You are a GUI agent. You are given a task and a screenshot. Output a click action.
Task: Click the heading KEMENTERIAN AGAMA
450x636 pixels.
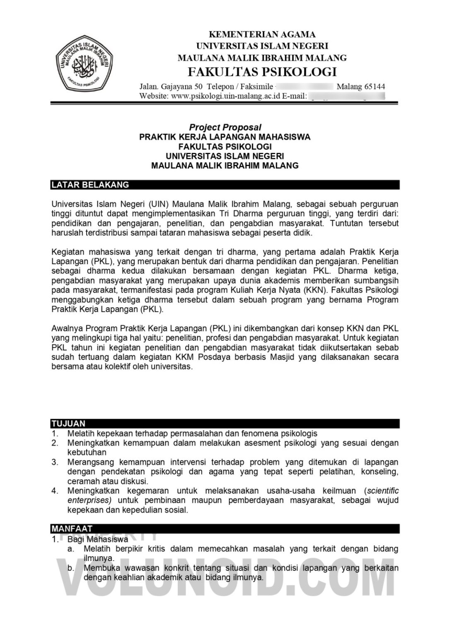pyautogui.click(x=262, y=34)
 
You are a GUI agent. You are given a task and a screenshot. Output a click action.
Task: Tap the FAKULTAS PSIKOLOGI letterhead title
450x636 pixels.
pyautogui.click(x=262, y=72)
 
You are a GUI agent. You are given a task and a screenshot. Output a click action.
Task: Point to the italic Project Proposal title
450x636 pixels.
pyautogui.click(x=225, y=127)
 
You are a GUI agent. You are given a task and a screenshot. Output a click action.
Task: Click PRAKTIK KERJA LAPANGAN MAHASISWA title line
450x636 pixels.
pyautogui.click(x=225, y=137)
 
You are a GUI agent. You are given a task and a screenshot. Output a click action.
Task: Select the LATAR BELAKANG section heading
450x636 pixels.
pyautogui.click(x=90, y=185)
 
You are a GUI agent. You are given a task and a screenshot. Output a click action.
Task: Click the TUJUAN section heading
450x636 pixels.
pyautogui.click(x=68, y=423)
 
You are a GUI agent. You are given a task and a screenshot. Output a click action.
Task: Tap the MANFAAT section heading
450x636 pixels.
pyautogui.click(x=72, y=528)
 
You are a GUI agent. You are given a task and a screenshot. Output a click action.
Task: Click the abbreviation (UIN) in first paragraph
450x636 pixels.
pyautogui.click(x=157, y=204)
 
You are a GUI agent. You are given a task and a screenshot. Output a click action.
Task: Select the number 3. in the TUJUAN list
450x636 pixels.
pyautogui.click(x=55, y=462)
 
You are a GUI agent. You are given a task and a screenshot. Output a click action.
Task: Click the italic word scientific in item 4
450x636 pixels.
pyautogui.click(x=383, y=491)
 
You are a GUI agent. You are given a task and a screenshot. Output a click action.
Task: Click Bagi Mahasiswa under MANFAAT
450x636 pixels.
pyautogui.click(x=98, y=539)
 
